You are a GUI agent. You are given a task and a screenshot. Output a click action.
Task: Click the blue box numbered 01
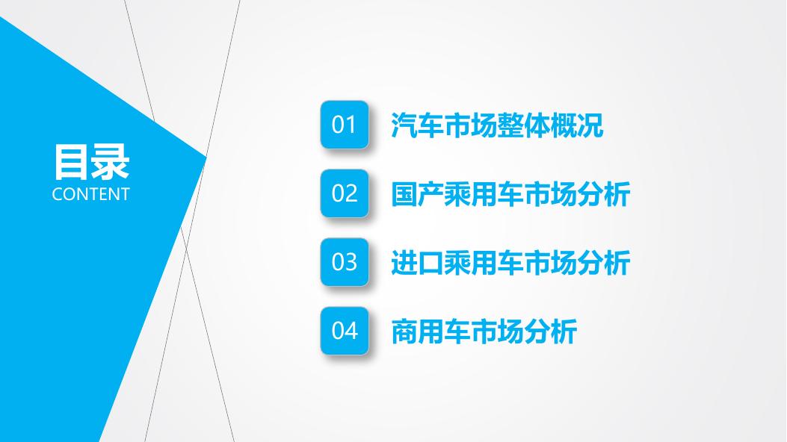345,124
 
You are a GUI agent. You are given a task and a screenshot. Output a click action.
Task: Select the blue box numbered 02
345,193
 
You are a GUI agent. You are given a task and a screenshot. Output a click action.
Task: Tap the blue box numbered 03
345,261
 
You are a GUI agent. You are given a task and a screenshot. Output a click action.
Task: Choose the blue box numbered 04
345,330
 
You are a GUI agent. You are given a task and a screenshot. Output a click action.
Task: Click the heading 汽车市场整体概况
497,125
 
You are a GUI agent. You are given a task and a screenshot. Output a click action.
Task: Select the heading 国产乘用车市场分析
510,194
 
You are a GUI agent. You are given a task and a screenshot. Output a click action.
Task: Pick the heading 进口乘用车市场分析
510,263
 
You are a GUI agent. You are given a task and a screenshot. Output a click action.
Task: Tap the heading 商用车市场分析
484,331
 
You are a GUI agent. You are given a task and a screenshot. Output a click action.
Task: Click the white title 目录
91,162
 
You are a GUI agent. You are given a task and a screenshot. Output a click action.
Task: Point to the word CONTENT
91,194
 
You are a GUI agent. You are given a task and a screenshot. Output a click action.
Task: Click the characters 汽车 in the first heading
418,125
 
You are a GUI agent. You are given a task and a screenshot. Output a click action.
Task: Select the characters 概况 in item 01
577,125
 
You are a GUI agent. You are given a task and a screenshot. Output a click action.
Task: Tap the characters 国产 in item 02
418,194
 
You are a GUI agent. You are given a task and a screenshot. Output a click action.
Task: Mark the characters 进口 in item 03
418,263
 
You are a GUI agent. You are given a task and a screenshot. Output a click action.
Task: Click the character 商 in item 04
404,331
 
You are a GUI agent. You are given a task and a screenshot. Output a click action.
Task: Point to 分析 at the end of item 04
551,331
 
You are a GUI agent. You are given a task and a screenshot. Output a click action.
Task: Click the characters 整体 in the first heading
523,125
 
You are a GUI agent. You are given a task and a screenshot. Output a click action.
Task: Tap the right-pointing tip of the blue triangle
206,158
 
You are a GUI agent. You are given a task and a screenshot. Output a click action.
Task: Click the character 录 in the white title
111,162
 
